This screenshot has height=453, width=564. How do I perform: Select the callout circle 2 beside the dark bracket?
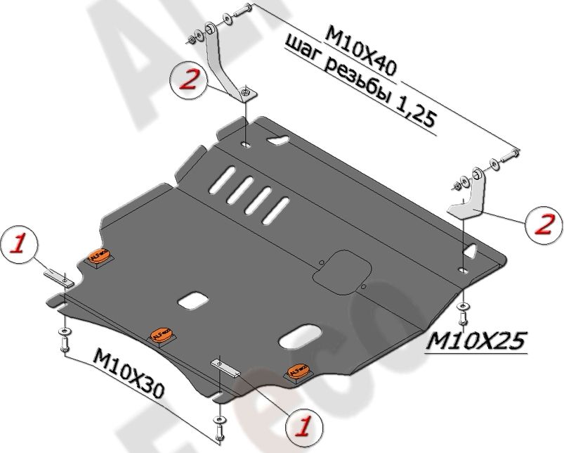[x=189, y=80]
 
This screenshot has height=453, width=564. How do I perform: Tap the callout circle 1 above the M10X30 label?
[x=20, y=245]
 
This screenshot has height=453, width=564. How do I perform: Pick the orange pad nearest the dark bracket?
[x=98, y=258]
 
